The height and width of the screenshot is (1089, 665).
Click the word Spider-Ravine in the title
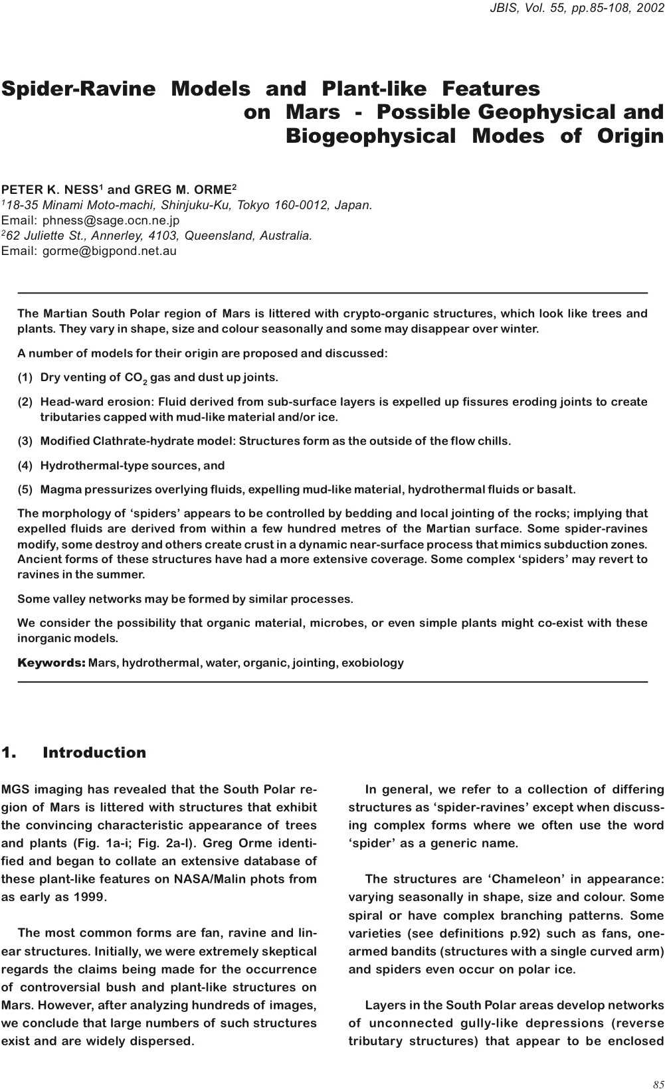[78, 89]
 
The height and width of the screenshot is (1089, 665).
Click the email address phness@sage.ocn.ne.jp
[111, 220]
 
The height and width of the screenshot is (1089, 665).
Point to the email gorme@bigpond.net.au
[110, 251]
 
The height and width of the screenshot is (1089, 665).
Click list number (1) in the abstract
[25, 378]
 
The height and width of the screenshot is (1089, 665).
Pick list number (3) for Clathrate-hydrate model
[25, 442]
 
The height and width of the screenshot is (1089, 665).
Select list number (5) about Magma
[25, 490]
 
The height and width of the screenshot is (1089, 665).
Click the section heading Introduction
[94, 753]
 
